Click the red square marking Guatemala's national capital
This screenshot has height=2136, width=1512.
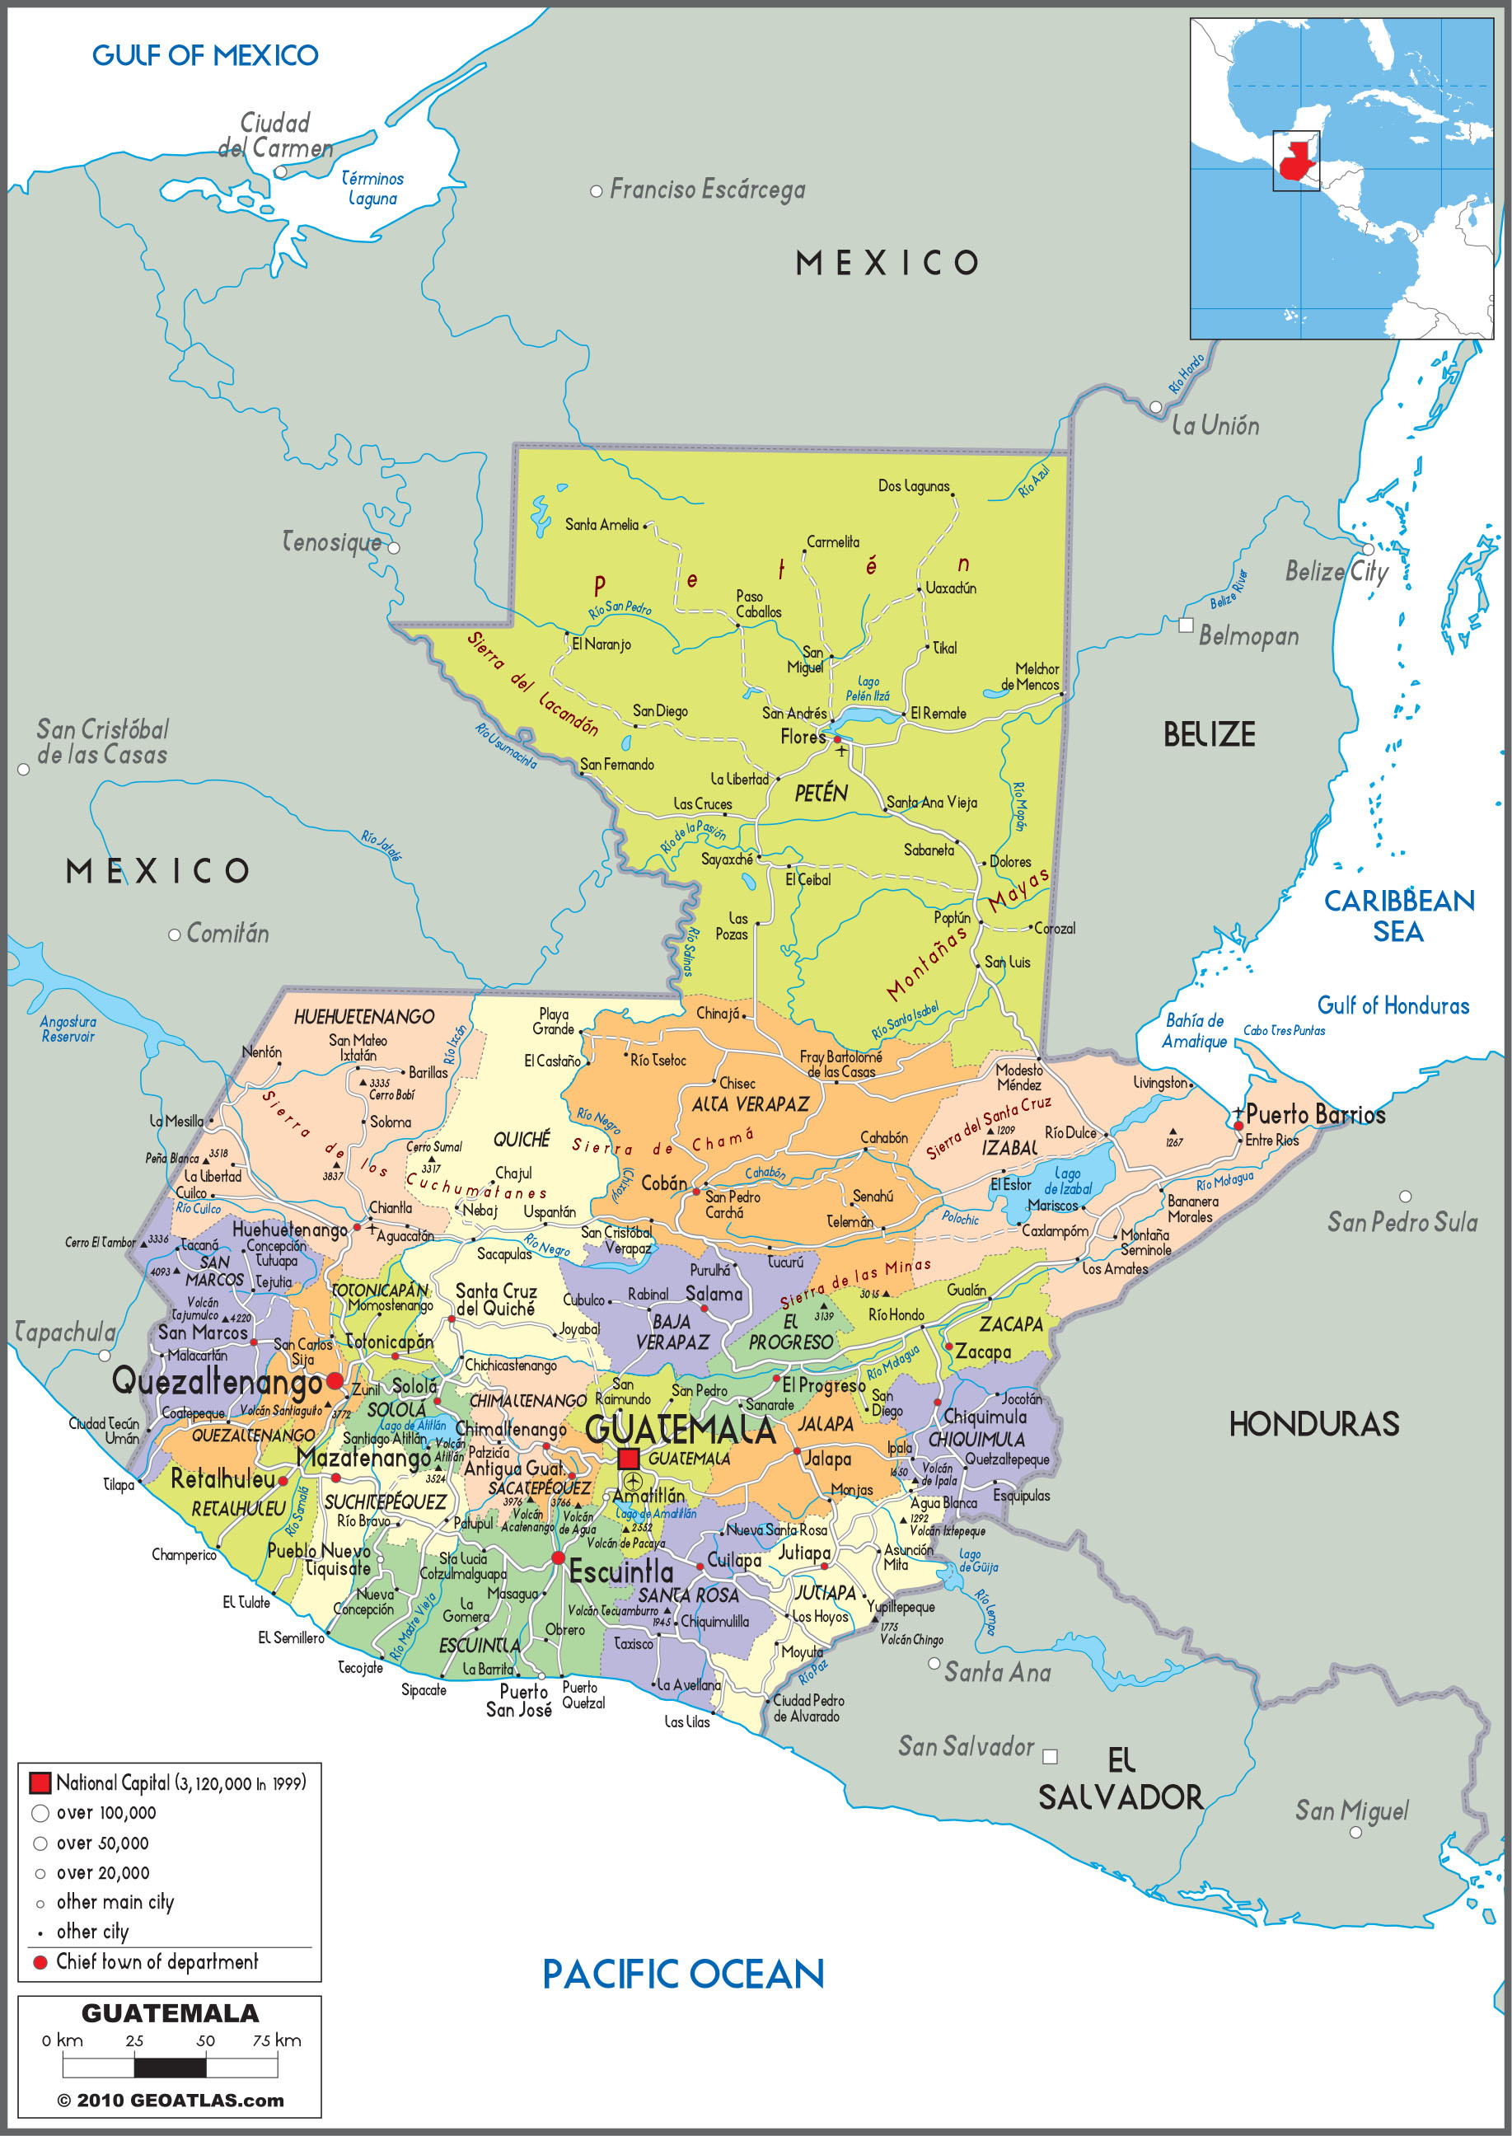629,1458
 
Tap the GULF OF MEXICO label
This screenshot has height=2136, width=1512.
205,56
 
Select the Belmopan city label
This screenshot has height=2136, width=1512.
1248,636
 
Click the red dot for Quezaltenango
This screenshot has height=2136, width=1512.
335,1381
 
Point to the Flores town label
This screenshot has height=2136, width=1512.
803,737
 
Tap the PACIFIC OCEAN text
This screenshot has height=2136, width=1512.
682,1974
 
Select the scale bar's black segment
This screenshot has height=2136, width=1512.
170,2067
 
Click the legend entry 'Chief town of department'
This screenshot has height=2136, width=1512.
157,1961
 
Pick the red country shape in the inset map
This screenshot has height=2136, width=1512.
1297,160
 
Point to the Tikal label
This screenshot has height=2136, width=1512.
944,648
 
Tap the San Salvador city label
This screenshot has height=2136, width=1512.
966,1746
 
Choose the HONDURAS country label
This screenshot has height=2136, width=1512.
1313,1424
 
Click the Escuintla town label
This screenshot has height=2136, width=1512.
621,1572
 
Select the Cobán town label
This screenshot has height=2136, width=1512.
664,1183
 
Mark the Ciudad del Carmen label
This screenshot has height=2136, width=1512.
274,135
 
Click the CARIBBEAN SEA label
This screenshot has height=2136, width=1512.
1398,916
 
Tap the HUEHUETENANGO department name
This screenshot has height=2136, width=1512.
364,1017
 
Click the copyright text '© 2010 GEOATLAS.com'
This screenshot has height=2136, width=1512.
171,2100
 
